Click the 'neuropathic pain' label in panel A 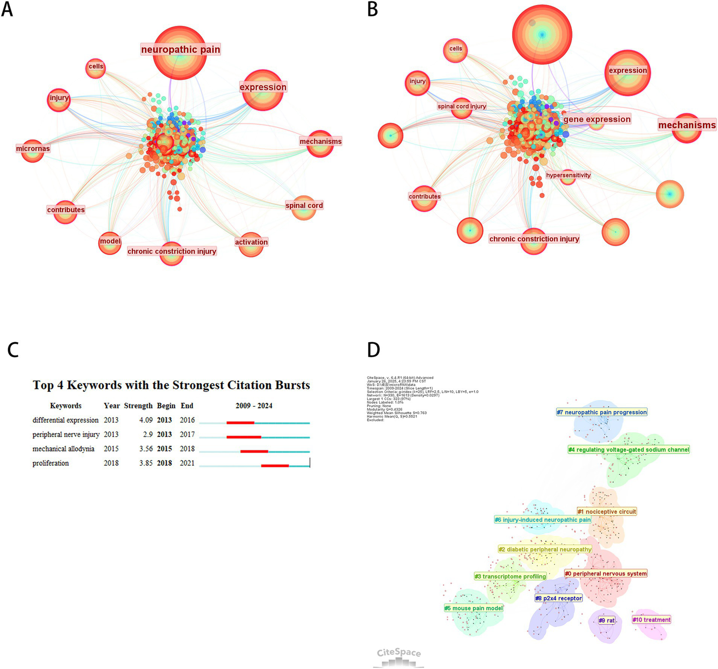(181, 50)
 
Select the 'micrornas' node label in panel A (33, 149)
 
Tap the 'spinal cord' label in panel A (304, 205)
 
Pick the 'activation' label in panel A (251, 242)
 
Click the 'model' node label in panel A (110, 241)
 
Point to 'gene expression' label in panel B (597, 119)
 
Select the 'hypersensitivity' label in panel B (568, 175)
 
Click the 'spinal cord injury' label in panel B (462, 106)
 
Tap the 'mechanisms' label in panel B (687, 125)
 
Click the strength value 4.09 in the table (146, 420)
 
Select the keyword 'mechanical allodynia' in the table (63, 449)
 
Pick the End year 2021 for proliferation (187, 463)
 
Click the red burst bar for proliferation (275, 466)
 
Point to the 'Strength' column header (138, 406)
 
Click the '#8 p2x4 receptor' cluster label (558, 598)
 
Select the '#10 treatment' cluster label (652, 620)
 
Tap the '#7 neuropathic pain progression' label (602, 412)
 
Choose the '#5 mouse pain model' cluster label (473, 608)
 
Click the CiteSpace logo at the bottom (399, 656)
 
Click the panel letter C (13, 350)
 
